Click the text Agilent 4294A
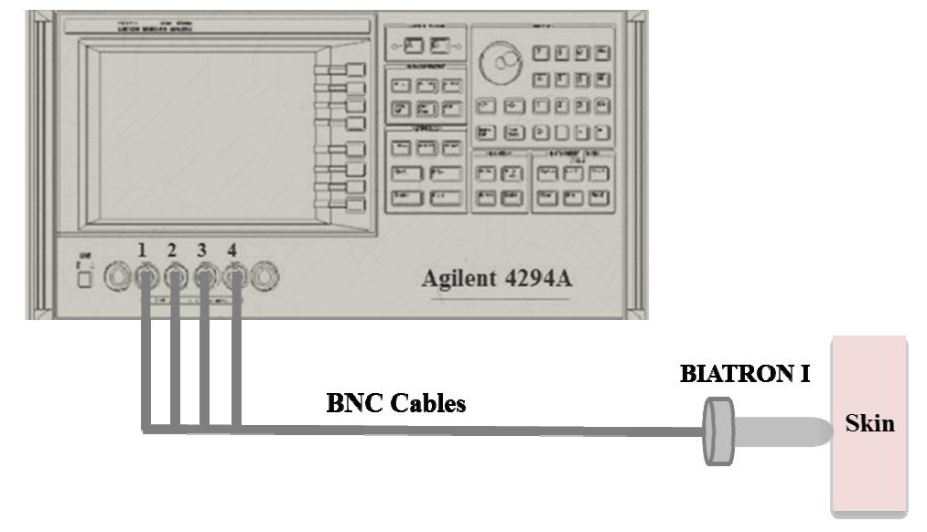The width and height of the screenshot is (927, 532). coord(497,278)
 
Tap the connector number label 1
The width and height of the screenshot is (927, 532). coord(142,250)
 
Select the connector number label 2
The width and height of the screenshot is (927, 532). coord(173,250)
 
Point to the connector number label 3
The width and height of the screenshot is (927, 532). coord(205,250)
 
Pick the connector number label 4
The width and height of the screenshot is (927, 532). coord(234,250)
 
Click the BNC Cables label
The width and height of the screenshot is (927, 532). coord(395,403)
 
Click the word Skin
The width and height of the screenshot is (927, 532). coord(869,424)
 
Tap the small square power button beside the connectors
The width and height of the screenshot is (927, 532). coord(85,280)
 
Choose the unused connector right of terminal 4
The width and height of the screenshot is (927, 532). coord(264,275)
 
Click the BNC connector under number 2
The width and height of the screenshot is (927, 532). coord(174,275)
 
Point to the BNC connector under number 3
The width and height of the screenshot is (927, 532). coord(206,275)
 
